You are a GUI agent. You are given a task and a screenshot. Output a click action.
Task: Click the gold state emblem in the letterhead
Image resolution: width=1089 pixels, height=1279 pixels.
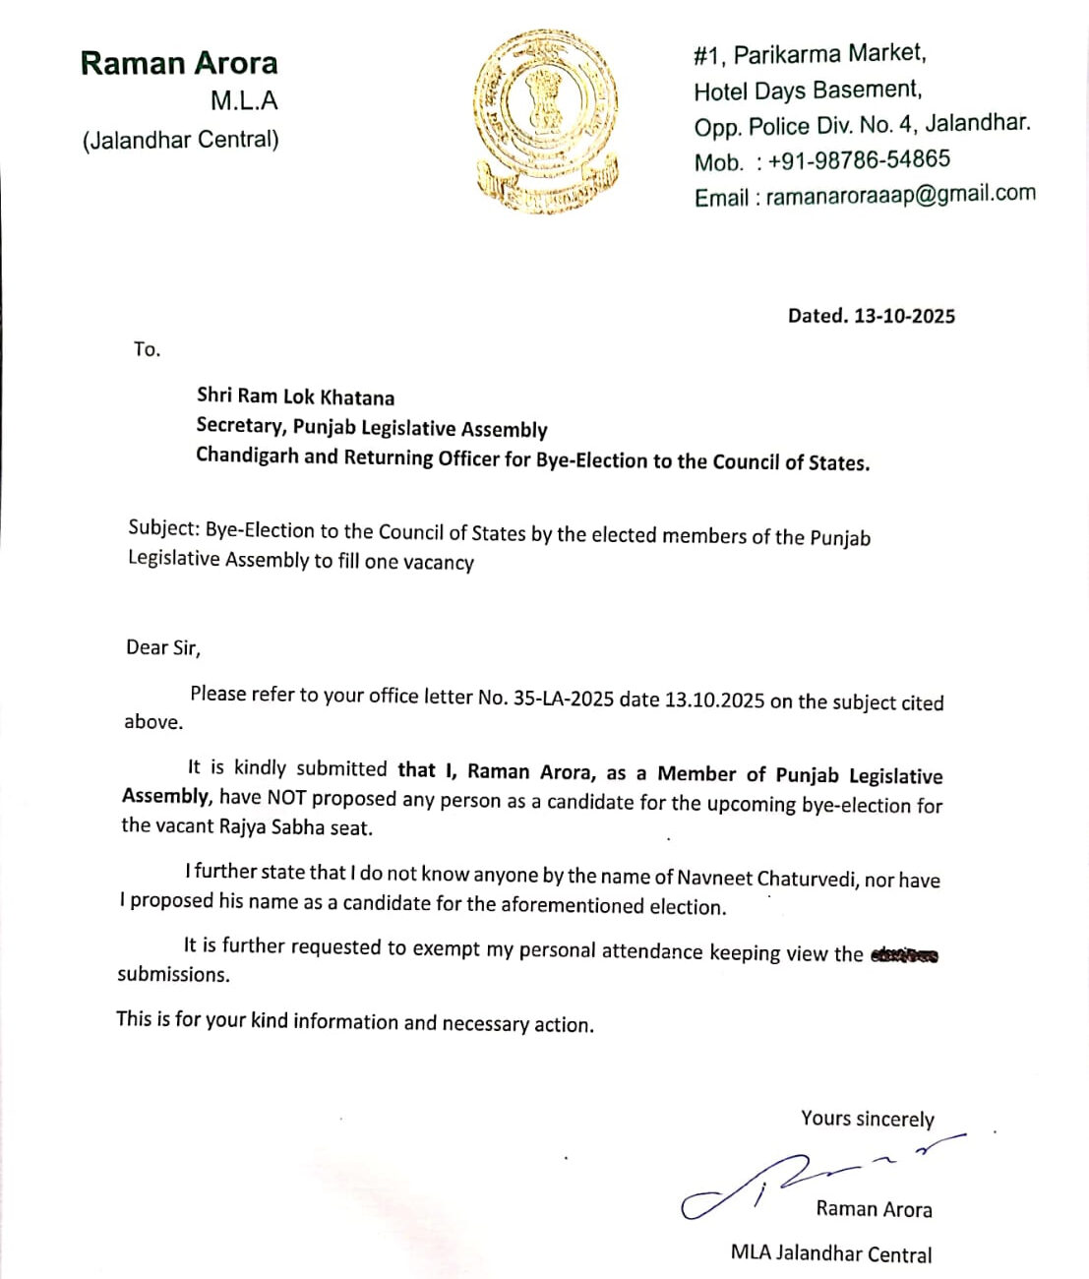click(x=546, y=121)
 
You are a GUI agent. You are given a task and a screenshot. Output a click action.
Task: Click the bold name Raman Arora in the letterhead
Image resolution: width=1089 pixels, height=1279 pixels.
click(x=179, y=63)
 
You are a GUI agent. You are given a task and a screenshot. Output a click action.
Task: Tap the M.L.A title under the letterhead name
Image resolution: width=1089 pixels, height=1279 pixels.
click(x=244, y=101)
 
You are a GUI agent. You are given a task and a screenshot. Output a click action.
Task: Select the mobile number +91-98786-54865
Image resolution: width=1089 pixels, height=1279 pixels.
click(x=859, y=159)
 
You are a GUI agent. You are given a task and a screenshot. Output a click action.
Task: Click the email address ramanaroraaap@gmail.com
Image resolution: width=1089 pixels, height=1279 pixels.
click(x=900, y=195)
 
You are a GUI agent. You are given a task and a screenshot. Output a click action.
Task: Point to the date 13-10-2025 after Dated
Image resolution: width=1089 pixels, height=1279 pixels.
click(x=904, y=316)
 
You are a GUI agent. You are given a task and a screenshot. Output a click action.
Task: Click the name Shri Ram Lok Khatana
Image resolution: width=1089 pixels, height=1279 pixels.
click(x=295, y=396)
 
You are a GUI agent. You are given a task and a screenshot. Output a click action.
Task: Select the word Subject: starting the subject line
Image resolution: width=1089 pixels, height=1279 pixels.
click(x=163, y=527)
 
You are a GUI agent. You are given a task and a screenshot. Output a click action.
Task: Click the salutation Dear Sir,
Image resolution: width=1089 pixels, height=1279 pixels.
click(x=163, y=647)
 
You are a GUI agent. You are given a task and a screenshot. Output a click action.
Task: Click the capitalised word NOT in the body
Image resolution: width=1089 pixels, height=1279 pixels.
click(x=285, y=798)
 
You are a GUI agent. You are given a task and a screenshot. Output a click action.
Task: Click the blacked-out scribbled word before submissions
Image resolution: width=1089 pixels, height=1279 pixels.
click(x=904, y=954)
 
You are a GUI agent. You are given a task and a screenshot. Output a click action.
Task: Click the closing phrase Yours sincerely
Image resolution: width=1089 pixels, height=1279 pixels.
click(x=867, y=1119)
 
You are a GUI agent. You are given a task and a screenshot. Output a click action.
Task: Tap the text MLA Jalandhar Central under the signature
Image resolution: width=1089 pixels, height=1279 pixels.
click(x=831, y=1253)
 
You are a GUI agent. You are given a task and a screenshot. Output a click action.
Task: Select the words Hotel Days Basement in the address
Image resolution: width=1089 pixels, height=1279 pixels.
click(x=807, y=91)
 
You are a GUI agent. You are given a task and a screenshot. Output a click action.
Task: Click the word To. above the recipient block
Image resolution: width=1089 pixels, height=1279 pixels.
click(x=147, y=349)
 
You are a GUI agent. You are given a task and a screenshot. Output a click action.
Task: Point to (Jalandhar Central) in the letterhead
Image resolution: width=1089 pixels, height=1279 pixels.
click(x=181, y=140)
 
